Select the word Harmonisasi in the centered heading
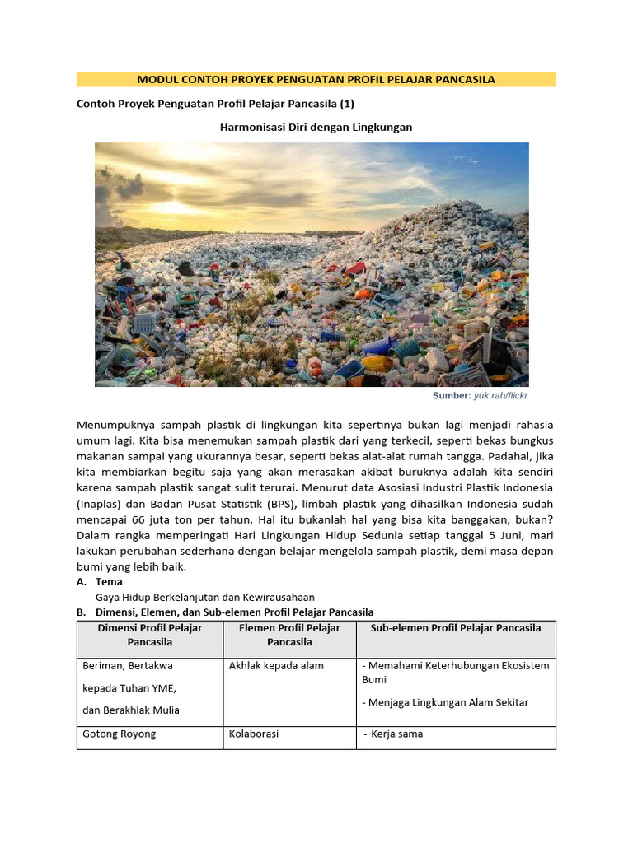pos(250,128)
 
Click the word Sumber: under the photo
pos(451,396)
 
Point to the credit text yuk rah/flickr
pos(500,396)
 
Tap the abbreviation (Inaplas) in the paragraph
pos(104,504)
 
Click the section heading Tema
pos(109,582)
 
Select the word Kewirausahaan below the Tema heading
pos(276,597)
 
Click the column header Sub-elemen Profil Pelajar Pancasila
pos(456,628)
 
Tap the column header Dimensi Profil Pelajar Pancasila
pos(150,635)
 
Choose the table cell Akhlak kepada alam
pos(276,665)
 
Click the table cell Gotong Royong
pos(120,734)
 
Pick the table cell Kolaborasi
pos(254,734)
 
